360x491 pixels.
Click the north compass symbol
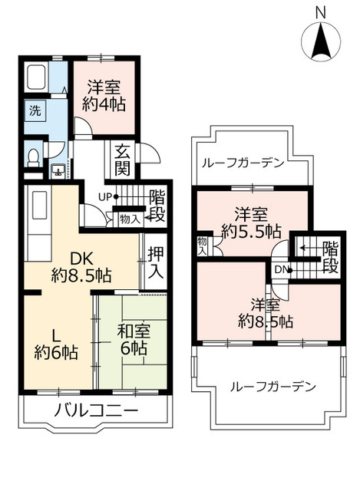click(321, 42)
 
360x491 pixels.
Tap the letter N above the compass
click(320, 13)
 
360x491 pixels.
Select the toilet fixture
click(33, 158)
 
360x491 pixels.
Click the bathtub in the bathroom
click(37, 78)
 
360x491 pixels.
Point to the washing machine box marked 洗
click(35, 110)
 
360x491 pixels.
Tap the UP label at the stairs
click(105, 197)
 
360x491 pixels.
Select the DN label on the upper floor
click(281, 269)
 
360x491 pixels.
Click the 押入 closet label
click(156, 262)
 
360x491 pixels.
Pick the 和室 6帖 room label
click(134, 339)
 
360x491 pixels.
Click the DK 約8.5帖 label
click(81, 267)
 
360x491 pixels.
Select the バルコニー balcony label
click(96, 410)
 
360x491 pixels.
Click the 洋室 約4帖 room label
click(104, 96)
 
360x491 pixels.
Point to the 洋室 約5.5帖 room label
click(251, 223)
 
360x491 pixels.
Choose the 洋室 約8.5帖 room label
click(266, 313)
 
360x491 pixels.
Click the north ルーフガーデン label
click(243, 163)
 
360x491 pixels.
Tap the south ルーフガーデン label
click(272, 387)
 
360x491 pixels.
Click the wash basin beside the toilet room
click(58, 171)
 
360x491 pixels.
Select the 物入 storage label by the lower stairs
click(130, 219)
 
